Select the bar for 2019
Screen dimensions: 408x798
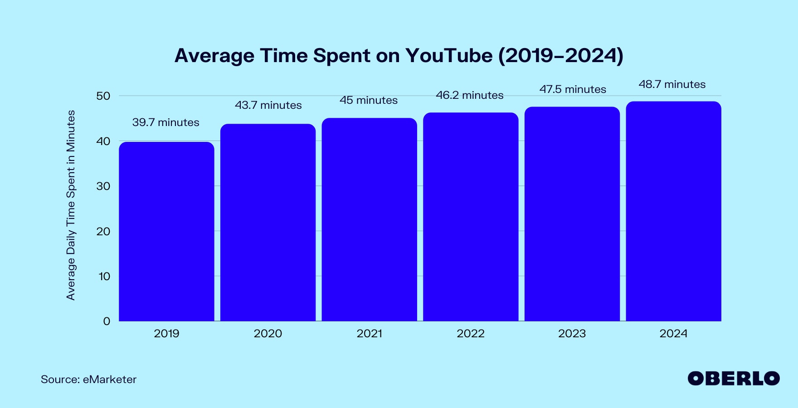click(166, 231)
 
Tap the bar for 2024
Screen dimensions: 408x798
click(673, 211)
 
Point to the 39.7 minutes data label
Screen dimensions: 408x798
click(165, 122)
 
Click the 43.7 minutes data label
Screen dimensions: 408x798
click(268, 105)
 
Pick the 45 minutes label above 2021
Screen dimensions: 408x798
click(369, 100)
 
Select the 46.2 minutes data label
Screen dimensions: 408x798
click(470, 95)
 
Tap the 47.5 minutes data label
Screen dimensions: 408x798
click(573, 89)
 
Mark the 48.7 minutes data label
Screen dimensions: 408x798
click(672, 84)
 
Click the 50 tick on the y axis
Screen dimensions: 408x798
click(103, 96)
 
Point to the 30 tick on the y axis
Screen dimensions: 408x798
click(103, 186)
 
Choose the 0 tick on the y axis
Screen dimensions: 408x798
click(107, 321)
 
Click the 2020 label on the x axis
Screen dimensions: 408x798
click(268, 334)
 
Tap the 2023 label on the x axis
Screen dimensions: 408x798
click(572, 334)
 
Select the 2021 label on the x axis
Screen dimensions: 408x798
click(369, 334)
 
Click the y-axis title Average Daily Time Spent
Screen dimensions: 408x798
click(71, 205)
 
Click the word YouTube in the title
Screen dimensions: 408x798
click(449, 56)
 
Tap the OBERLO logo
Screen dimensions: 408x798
click(734, 379)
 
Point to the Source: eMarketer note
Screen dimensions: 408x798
click(88, 379)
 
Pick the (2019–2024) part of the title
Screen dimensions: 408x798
click(561, 56)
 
